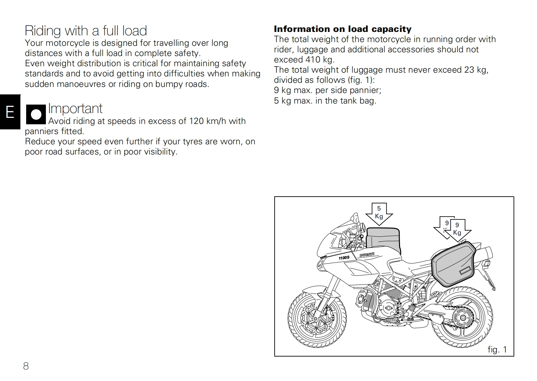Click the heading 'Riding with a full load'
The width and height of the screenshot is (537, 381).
pyautogui.click(x=86, y=31)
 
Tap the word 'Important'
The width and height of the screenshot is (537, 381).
pyautogui.click(x=75, y=109)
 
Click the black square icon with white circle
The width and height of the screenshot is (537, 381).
pyautogui.click(x=36, y=114)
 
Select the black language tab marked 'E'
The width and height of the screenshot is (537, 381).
pyautogui.click(x=10, y=112)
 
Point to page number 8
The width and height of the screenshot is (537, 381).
pyautogui.click(x=26, y=366)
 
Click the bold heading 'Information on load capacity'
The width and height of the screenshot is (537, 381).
pyautogui.click(x=343, y=29)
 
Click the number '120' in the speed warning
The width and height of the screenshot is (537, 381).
pyautogui.click(x=196, y=121)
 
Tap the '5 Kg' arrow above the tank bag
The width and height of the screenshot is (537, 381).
pyautogui.click(x=379, y=213)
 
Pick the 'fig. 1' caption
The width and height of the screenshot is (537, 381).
pyautogui.click(x=497, y=349)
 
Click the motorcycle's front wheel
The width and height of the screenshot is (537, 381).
pyautogui.click(x=317, y=320)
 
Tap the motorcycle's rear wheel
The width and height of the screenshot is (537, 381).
pyautogui.click(x=463, y=318)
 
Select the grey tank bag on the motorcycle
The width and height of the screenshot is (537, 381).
pyautogui.click(x=383, y=239)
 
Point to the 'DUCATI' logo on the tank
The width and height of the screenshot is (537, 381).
pyautogui.click(x=367, y=254)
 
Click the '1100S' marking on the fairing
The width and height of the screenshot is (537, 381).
pyautogui.click(x=344, y=258)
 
